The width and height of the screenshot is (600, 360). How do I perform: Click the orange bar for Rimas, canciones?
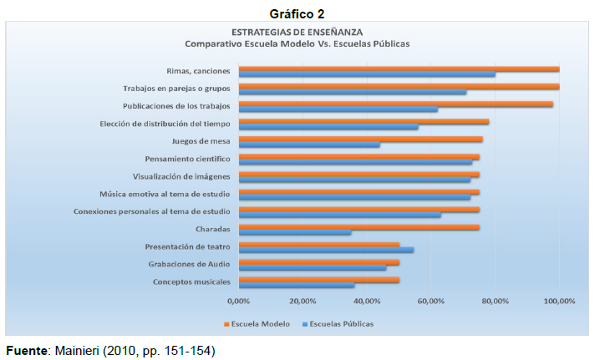399,68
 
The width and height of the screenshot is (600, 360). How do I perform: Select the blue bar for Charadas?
295,232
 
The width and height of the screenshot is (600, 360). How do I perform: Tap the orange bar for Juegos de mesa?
360,139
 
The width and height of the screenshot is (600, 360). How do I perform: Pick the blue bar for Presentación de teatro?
326,250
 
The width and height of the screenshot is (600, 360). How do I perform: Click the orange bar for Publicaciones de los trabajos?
395,104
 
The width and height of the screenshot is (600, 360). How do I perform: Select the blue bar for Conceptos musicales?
297,285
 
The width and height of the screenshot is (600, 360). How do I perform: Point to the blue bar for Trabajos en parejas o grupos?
353,92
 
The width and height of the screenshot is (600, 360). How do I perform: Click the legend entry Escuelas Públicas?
338,323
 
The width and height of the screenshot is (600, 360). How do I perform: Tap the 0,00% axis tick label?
239,301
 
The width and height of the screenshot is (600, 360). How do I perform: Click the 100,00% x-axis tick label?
559,301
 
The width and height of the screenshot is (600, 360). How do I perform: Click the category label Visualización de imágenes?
182,176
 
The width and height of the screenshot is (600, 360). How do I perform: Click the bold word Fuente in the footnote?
25,350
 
